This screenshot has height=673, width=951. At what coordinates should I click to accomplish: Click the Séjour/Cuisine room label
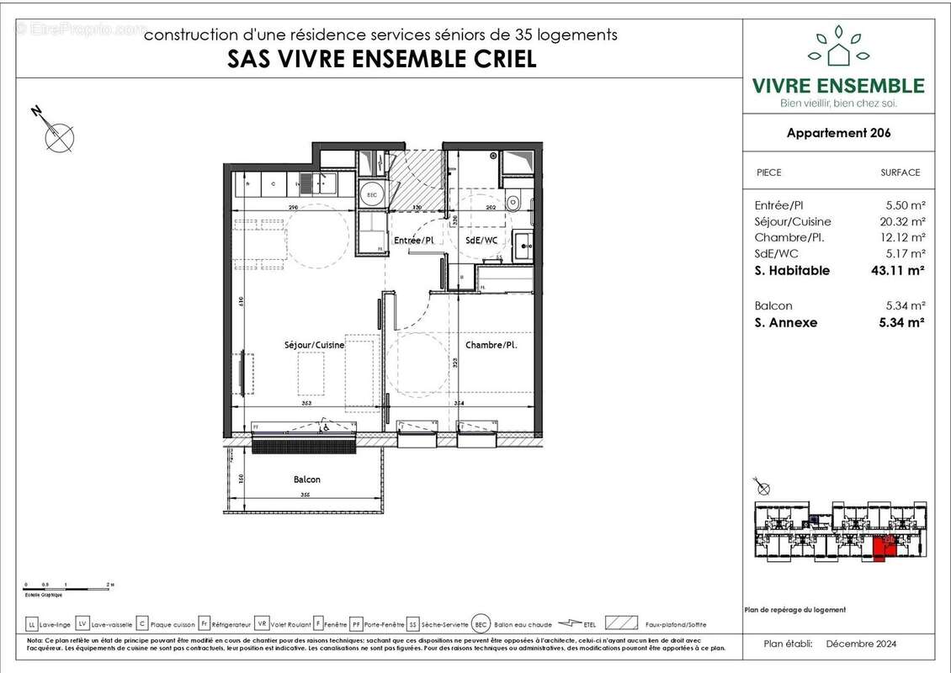314,345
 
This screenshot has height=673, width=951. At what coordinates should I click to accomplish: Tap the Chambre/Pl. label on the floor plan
491,345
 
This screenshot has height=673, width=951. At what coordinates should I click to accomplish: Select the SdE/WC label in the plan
481,241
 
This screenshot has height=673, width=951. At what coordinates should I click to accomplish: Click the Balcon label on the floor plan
306,480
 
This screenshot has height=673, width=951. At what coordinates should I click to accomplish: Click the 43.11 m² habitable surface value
898,271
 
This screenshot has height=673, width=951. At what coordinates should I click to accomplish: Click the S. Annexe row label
786,322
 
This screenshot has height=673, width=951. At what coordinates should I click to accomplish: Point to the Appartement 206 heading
838,133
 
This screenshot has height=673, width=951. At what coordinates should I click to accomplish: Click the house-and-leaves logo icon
837,47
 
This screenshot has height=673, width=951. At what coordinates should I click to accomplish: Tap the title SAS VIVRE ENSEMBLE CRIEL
382,60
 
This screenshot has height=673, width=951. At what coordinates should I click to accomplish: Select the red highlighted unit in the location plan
880,549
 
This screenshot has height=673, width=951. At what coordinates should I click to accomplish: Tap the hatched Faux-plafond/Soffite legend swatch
621,623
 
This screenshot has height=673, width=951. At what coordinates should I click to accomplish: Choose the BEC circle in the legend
481,623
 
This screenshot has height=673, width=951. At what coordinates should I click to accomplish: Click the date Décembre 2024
861,644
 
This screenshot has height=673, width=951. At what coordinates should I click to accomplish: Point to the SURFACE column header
900,172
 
